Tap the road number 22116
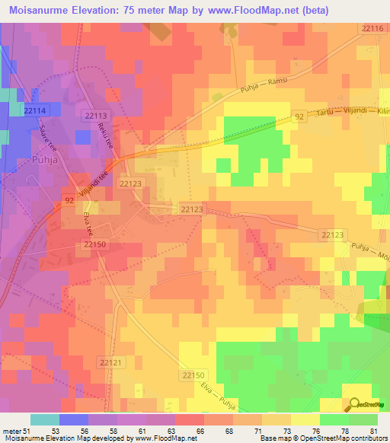pos(372,28)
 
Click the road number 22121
pos(110,362)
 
